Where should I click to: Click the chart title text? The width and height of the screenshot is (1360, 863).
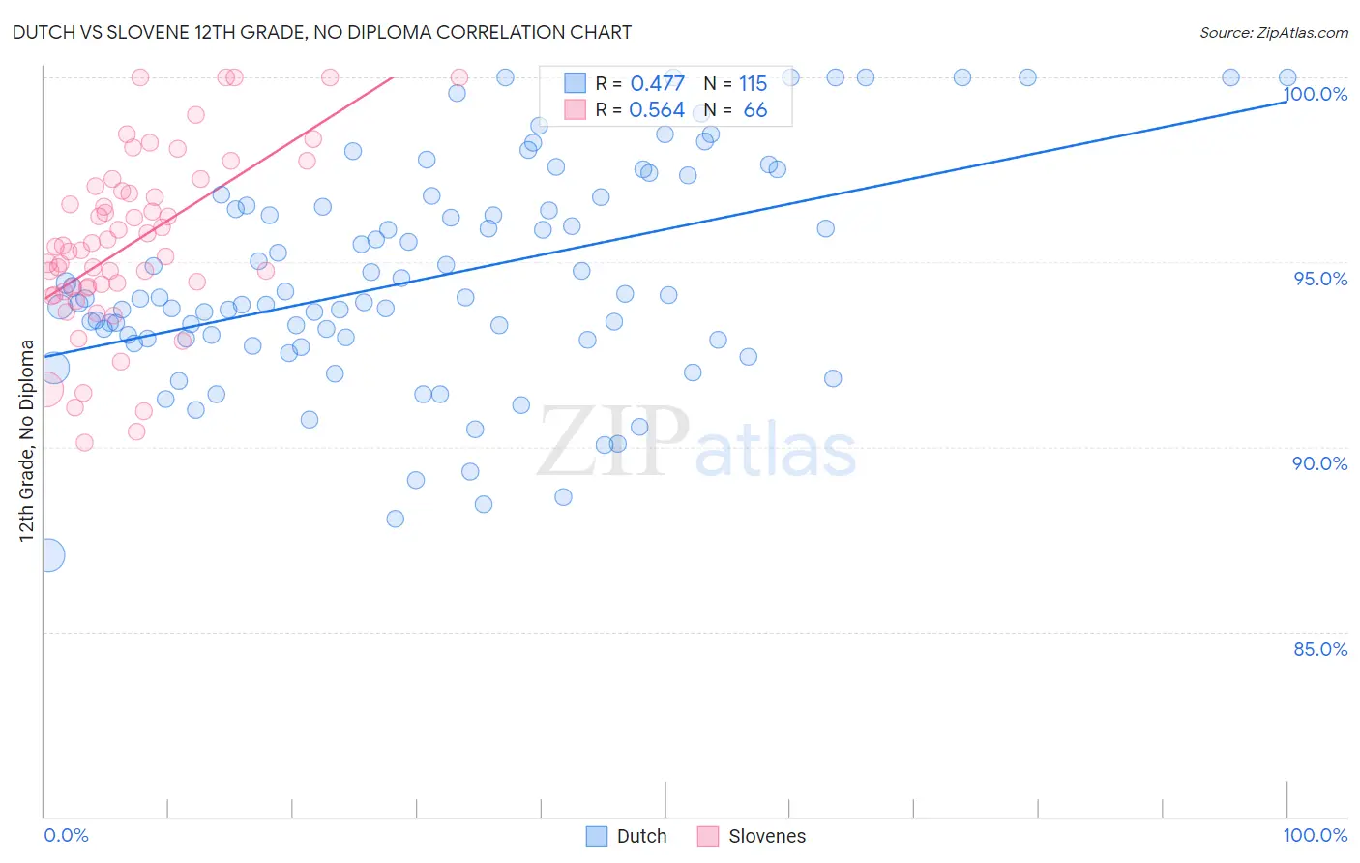coord(321,32)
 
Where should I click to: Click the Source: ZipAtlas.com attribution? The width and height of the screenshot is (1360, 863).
coord(1273,32)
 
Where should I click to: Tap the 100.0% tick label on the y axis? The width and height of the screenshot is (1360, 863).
coord(1316,94)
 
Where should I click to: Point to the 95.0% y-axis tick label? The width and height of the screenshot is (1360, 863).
coord(1319,279)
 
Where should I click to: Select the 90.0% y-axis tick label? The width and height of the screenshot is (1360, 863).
coord(1319,463)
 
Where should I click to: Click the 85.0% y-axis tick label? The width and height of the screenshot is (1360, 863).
coord(1319,649)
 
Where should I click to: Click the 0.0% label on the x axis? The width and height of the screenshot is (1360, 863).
coord(66,835)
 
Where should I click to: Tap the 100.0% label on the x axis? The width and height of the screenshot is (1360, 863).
coord(1315,835)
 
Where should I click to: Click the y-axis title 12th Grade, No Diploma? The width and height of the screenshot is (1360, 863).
coord(26,440)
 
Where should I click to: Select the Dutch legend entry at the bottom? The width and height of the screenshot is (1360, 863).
coord(627,836)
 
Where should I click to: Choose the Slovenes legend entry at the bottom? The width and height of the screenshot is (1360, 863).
coord(752,836)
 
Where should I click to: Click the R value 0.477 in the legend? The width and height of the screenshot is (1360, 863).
coord(657,84)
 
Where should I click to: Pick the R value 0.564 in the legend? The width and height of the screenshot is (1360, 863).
coord(657,110)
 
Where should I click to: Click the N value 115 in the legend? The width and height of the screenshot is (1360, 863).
coord(753,84)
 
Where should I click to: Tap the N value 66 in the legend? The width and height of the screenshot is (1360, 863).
coord(754,110)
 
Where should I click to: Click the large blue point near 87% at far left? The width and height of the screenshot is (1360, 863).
coord(48,555)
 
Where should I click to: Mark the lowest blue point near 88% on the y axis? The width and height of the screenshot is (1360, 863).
coord(395,519)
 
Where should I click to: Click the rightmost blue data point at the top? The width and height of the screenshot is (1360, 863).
coord(1286,77)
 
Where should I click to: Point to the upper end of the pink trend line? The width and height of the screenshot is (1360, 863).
coord(392,77)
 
